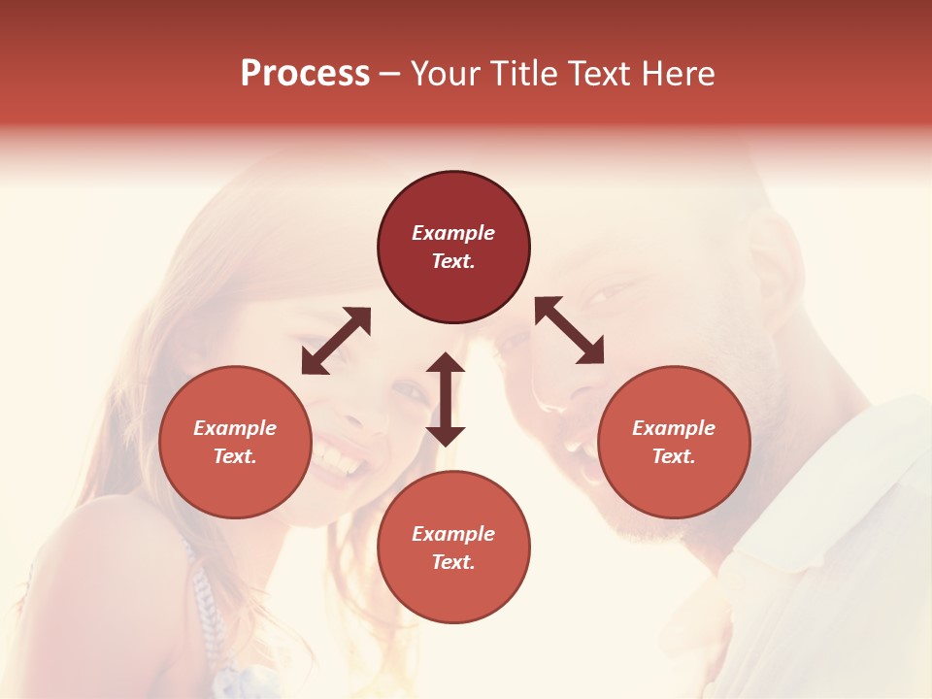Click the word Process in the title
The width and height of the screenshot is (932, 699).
pos(305,74)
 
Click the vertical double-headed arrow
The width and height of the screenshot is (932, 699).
pos(446,399)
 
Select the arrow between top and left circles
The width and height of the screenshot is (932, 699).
pos(336,341)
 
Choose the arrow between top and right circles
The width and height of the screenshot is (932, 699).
pos(569,331)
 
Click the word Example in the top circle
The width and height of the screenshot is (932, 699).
pos(453,233)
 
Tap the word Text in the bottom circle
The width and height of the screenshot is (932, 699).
pos(453,563)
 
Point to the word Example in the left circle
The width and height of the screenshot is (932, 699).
pos(235,428)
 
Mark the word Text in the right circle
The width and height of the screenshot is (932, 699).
pos(674,456)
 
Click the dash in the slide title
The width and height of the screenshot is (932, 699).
pos(390,74)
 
